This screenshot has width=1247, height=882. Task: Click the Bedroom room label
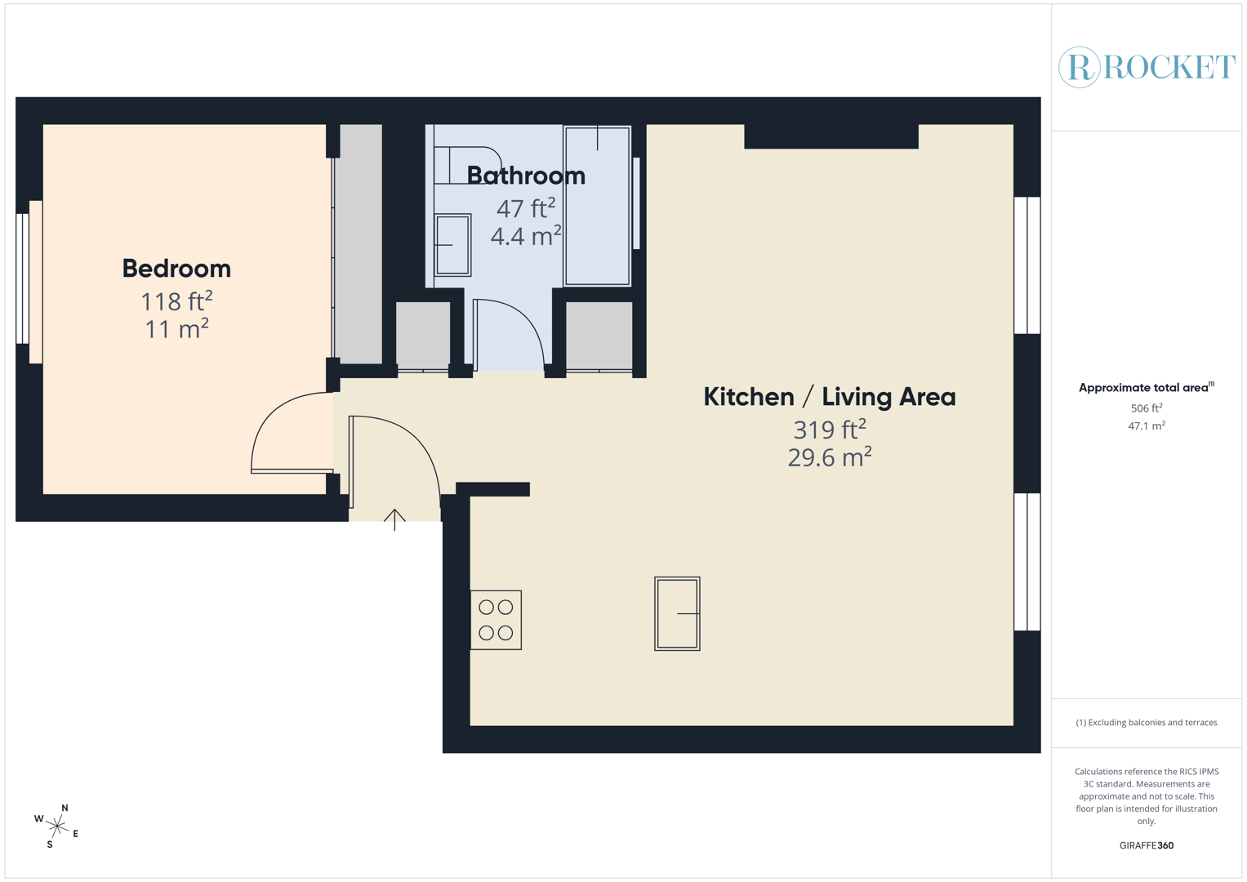point(176,269)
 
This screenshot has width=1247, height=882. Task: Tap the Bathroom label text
point(526,176)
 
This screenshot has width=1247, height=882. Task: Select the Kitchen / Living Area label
point(829,397)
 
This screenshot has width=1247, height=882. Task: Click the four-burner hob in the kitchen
point(496,620)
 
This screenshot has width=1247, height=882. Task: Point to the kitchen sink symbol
point(677,613)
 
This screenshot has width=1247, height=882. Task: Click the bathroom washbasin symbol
point(452,245)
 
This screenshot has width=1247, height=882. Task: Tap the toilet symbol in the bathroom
point(467,165)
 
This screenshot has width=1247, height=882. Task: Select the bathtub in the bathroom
point(598,206)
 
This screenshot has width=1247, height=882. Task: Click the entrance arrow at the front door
point(394,519)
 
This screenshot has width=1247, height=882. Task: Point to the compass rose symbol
point(56,826)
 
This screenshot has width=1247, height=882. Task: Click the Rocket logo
point(1147,67)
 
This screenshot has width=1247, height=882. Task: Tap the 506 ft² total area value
point(1146,408)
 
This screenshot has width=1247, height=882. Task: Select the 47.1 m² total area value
point(1146,426)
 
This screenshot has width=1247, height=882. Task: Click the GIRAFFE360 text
point(1146,845)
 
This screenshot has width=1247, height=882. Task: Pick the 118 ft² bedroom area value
point(176,301)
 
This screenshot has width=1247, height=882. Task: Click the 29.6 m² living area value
point(829,457)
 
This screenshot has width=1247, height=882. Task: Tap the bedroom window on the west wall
point(24,278)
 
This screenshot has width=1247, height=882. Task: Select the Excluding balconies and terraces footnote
point(1146,723)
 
